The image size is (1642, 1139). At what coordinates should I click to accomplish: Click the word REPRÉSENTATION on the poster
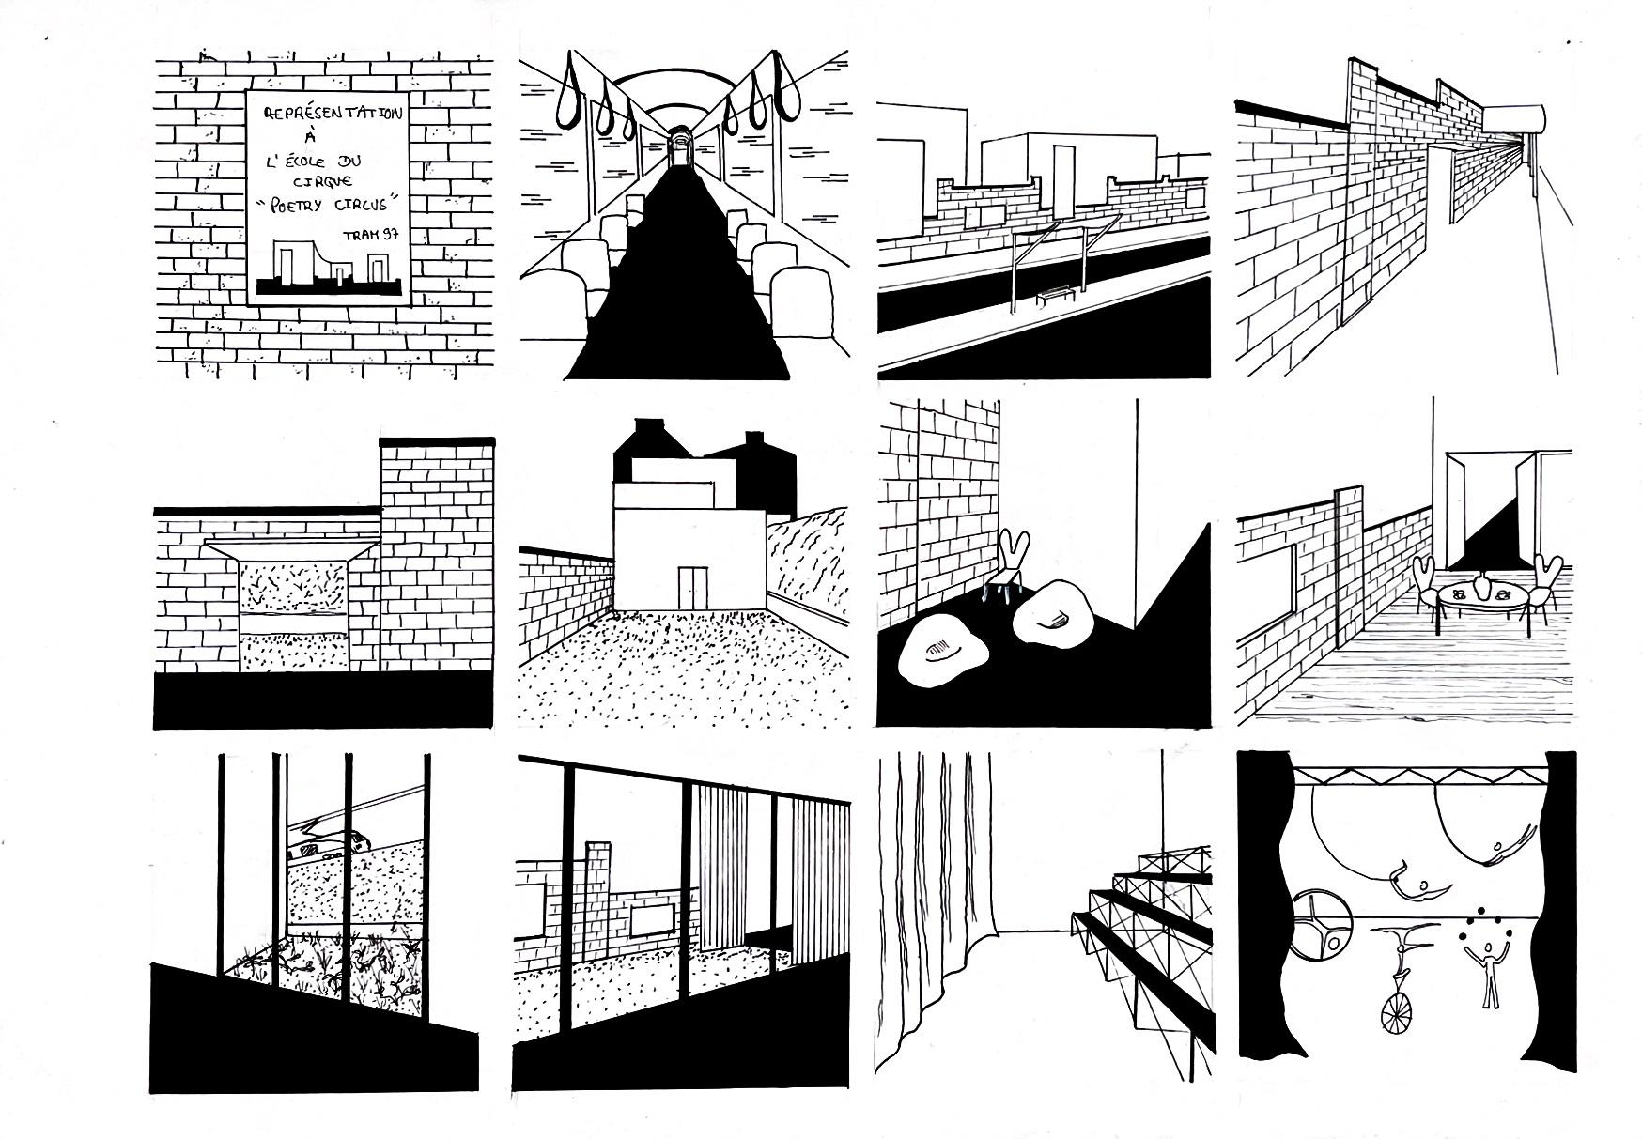click(333, 115)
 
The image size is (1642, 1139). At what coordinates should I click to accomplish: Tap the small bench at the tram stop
click(1057, 296)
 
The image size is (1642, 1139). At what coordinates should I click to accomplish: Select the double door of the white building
click(691, 586)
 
